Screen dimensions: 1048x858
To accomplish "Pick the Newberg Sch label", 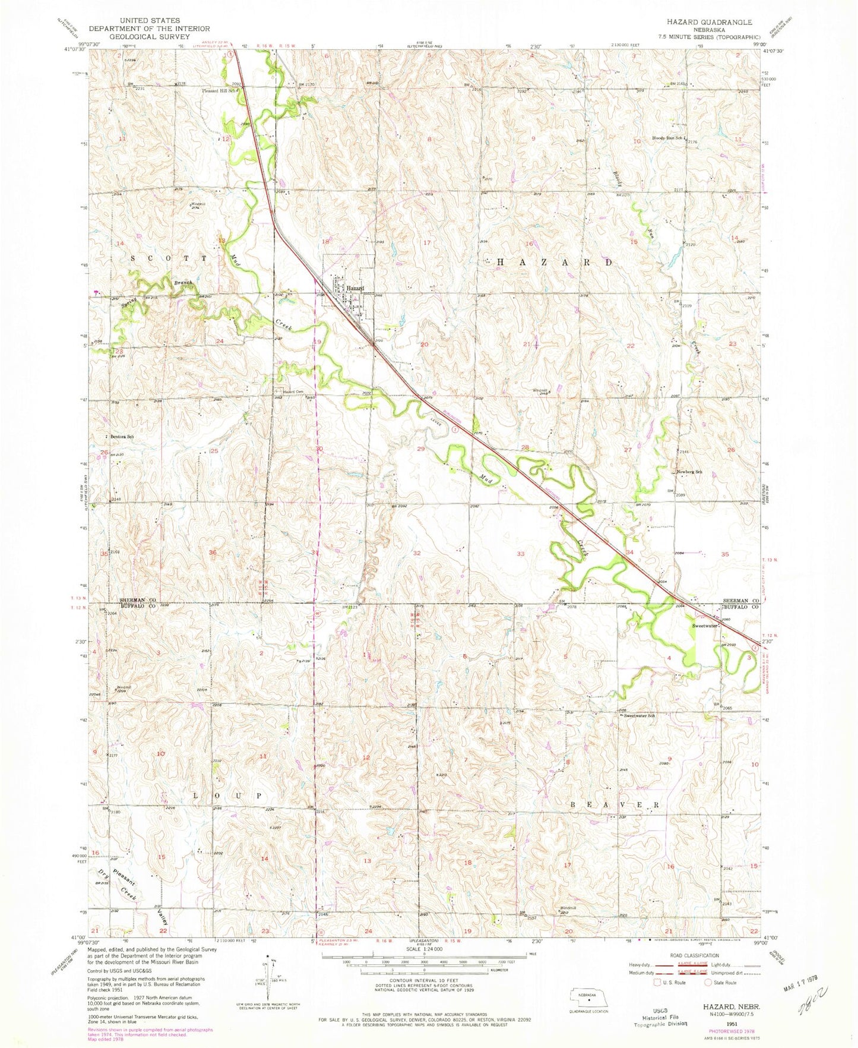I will coord(689,472).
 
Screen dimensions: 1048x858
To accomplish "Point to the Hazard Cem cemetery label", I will coord(292,392).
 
